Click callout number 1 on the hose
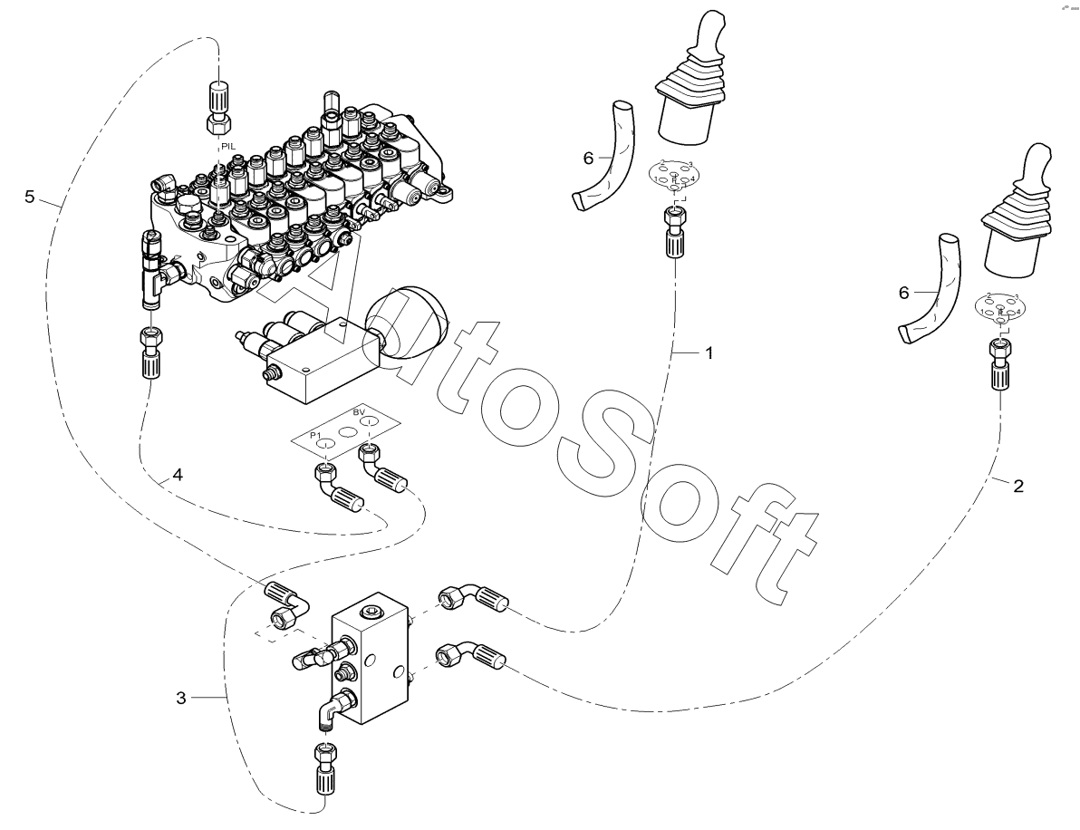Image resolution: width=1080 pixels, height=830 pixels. tap(709, 353)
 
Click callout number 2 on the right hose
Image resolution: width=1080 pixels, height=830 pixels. tap(1018, 487)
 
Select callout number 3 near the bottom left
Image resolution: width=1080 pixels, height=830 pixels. tap(181, 698)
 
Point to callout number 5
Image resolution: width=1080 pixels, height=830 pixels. tap(30, 197)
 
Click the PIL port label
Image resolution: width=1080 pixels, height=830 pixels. tap(227, 145)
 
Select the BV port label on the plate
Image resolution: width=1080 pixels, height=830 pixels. tap(359, 413)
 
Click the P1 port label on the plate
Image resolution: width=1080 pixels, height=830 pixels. tap(315, 436)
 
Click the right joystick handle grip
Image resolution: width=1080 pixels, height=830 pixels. tap(1032, 176)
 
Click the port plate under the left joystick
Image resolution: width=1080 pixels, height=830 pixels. tap(673, 175)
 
